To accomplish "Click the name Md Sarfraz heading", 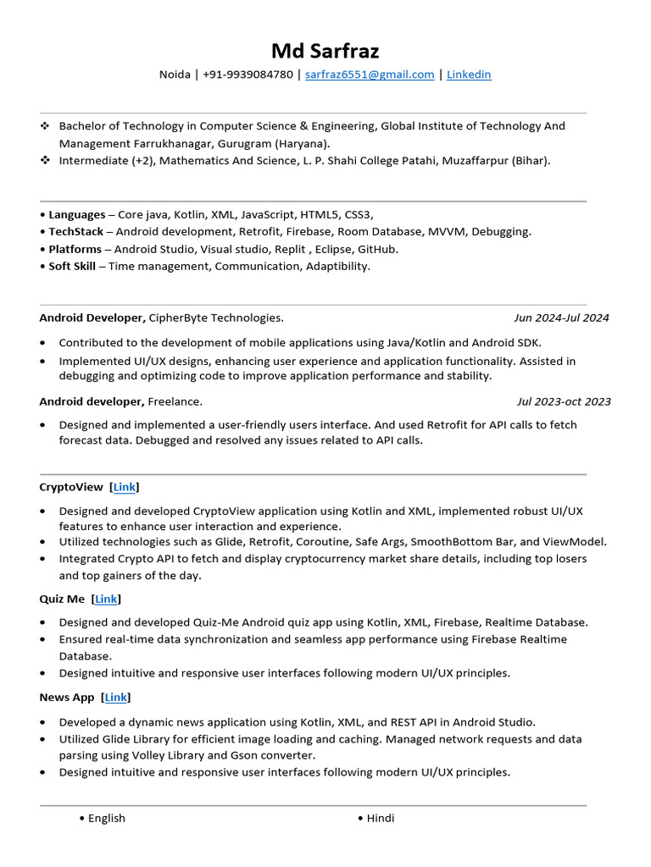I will click(325, 51).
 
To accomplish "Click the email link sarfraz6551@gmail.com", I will click(370, 75).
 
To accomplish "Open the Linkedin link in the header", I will click(469, 75).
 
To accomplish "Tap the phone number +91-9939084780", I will click(248, 75).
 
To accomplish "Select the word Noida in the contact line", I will click(175, 75).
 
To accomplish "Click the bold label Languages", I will click(76, 214).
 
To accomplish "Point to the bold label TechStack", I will click(75, 231).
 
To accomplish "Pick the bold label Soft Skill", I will click(71, 266).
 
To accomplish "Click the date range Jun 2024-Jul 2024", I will click(561, 318).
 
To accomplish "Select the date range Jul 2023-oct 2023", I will click(564, 401).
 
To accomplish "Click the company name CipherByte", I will click(177, 318).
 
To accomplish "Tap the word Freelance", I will click(175, 401).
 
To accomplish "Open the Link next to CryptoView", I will click(125, 487).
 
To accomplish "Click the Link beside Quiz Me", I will click(106, 599).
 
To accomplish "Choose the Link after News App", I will click(115, 698).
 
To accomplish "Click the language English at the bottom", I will click(107, 818).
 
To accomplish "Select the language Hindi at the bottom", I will click(381, 818).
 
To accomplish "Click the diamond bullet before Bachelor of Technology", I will click(45, 126).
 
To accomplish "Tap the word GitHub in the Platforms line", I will click(378, 249).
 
